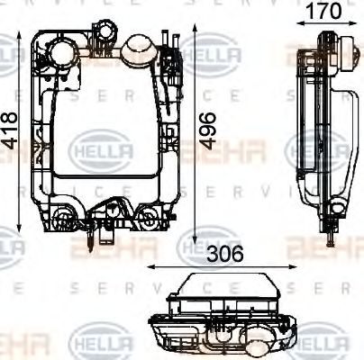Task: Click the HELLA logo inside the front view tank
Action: coord(101,146)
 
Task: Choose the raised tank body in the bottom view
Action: coord(215,291)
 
